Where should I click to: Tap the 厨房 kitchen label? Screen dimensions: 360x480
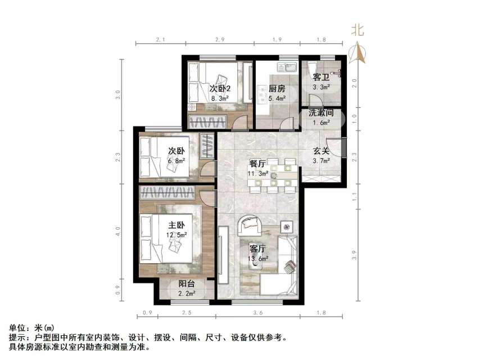pyautogui.click(x=277, y=89)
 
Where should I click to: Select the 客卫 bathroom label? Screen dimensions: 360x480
pyautogui.click(x=320, y=77)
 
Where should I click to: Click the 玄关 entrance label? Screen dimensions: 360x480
pyautogui.click(x=321, y=151)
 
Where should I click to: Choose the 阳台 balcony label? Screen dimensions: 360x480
pyautogui.click(x=187, y=284)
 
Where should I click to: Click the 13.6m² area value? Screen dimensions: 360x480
pyautogui.click(x=258, y=259)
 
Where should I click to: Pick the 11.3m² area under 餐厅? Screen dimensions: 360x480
pyautogui.click(x=258, y=174)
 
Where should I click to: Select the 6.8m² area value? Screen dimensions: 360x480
pyautogui.click(x=176, y=160)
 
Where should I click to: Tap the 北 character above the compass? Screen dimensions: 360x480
pyautogui.click(x=357, y=31)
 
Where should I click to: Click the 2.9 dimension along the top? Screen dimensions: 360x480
pyautogui.click(x=220, y=40)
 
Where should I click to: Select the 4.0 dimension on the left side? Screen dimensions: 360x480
pyautogui.click(x=118, y=231)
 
